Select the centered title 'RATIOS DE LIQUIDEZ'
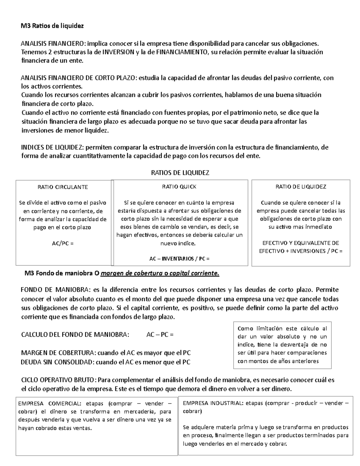coord(180,173)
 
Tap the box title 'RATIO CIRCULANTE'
coord(62,187)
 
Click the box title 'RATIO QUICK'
coord(179,187)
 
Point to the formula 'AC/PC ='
coord(62,243)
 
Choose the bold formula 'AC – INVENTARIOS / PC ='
coord(179,258)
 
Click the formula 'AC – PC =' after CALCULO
coord(160,335)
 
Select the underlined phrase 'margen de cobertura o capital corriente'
coord(160,273)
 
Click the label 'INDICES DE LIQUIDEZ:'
coord(53,147)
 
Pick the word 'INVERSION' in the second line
coord(118,52)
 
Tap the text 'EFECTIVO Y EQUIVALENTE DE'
coord(301,243)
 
